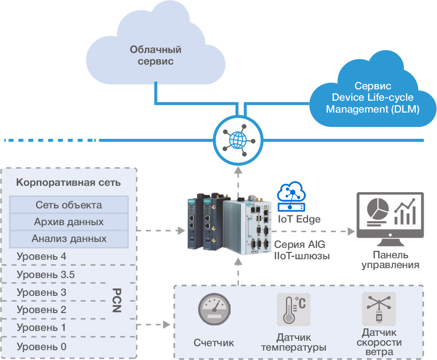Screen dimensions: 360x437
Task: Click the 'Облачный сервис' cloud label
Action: (156, 56)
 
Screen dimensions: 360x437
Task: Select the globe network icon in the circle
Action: (238, 140)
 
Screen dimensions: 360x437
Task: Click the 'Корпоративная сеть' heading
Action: (69, 182)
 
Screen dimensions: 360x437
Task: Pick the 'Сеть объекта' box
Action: (69, 205)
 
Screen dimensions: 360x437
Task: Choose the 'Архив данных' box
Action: (69, 222)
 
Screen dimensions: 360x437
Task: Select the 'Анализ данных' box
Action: (69, 239)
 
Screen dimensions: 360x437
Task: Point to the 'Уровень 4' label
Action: (41, 256)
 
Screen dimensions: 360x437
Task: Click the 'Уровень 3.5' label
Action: (45, 275)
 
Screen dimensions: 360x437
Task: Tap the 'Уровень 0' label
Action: (41, 347)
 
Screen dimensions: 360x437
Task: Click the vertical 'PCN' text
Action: (117, 300)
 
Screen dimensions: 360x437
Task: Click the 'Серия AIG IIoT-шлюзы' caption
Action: (302, 250)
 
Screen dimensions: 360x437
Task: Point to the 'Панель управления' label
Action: (390, 260)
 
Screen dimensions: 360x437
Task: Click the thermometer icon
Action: (293, 310)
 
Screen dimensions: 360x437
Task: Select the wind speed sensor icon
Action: (378, 309)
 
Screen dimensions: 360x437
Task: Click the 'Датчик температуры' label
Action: (293, 342)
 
